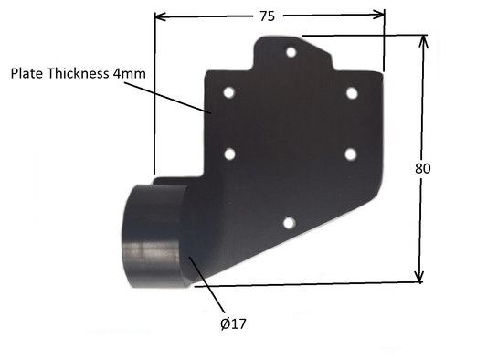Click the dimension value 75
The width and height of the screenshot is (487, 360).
coord(267,16)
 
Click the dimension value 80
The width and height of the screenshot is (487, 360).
coord(421,168)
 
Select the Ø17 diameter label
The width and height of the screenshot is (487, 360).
coord(233,323)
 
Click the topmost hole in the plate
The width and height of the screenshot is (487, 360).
coord(291,52)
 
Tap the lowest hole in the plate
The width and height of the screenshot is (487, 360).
coord(288,222)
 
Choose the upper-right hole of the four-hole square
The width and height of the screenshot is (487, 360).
coord(352,92)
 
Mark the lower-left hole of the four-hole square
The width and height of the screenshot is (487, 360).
coord(229,154)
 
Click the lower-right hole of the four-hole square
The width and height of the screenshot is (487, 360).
coord(351,154)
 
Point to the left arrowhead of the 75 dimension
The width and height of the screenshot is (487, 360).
coord(159,16)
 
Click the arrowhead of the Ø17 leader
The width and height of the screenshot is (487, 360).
coord(191,260)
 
